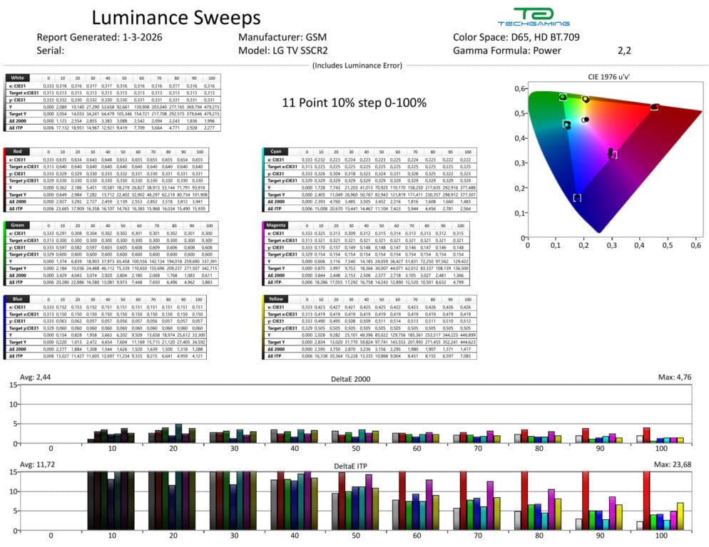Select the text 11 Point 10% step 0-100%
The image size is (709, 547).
354,103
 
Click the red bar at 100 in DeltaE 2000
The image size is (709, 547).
647,435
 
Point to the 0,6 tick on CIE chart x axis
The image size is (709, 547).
695,245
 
